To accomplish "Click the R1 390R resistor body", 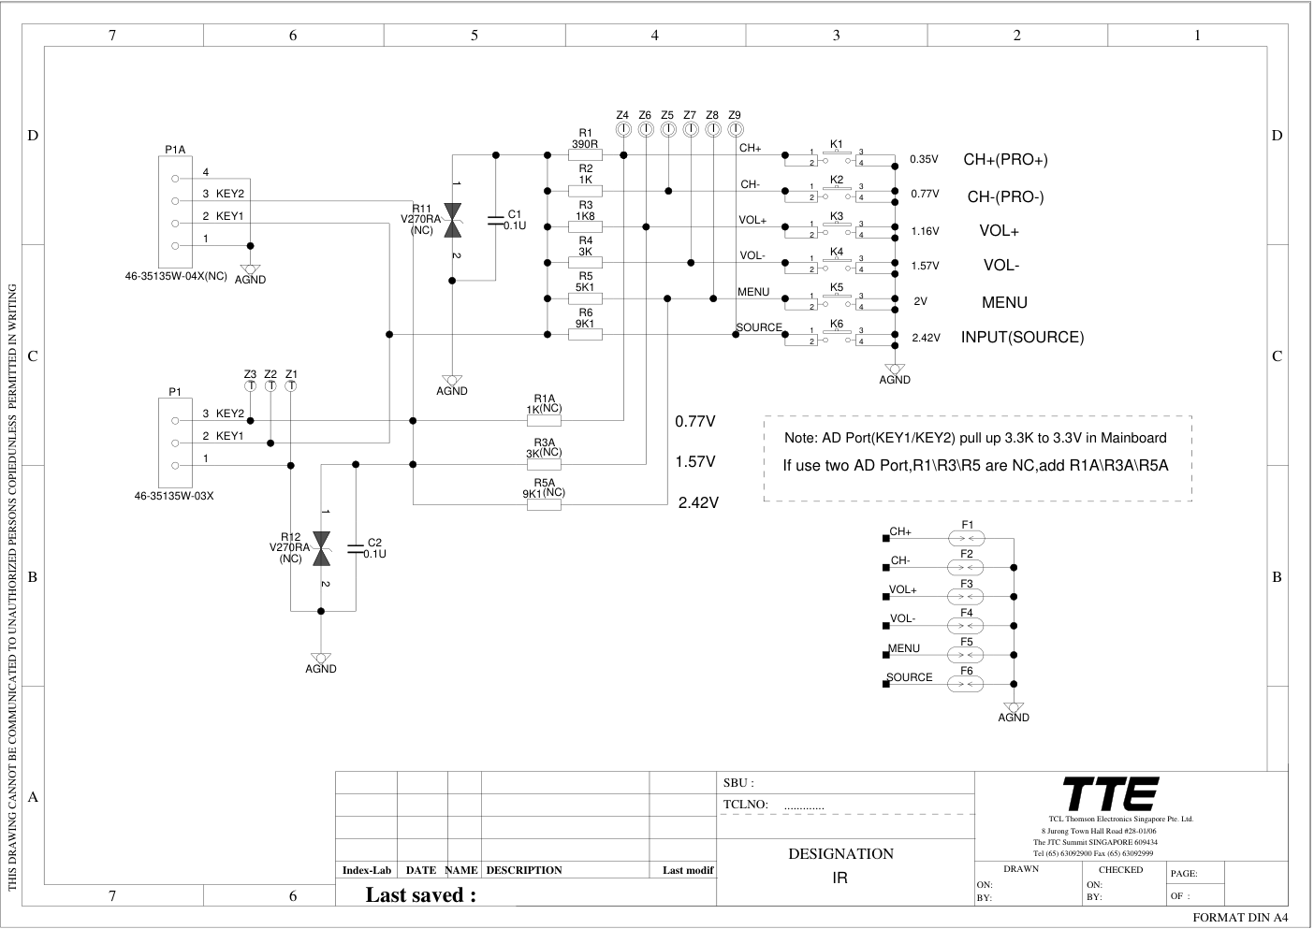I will pos(585,155).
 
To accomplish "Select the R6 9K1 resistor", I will pos(585,334).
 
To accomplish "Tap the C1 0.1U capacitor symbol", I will pos(496,221).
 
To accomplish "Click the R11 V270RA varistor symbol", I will pos(453,221).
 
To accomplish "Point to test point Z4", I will pos(623,128).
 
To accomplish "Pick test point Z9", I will pos(735,128).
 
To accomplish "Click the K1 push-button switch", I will pos(836,155).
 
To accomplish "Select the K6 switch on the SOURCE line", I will pos(836,335).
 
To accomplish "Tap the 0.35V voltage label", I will pos(924,159).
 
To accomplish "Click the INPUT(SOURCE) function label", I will pos(1022,338).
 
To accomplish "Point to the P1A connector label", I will pos(175,150).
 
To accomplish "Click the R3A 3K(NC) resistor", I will pos(545,463).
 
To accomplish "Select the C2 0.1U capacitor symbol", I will pos(356,549).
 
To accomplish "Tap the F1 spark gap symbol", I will pos(966,538).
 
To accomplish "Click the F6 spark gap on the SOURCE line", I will pos(966,684).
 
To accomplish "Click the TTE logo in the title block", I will pos(1111,794).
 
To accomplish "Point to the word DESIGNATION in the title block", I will pos(840,853).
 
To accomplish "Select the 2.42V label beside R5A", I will pos(698,503).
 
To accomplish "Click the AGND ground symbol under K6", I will pos(895,371).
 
